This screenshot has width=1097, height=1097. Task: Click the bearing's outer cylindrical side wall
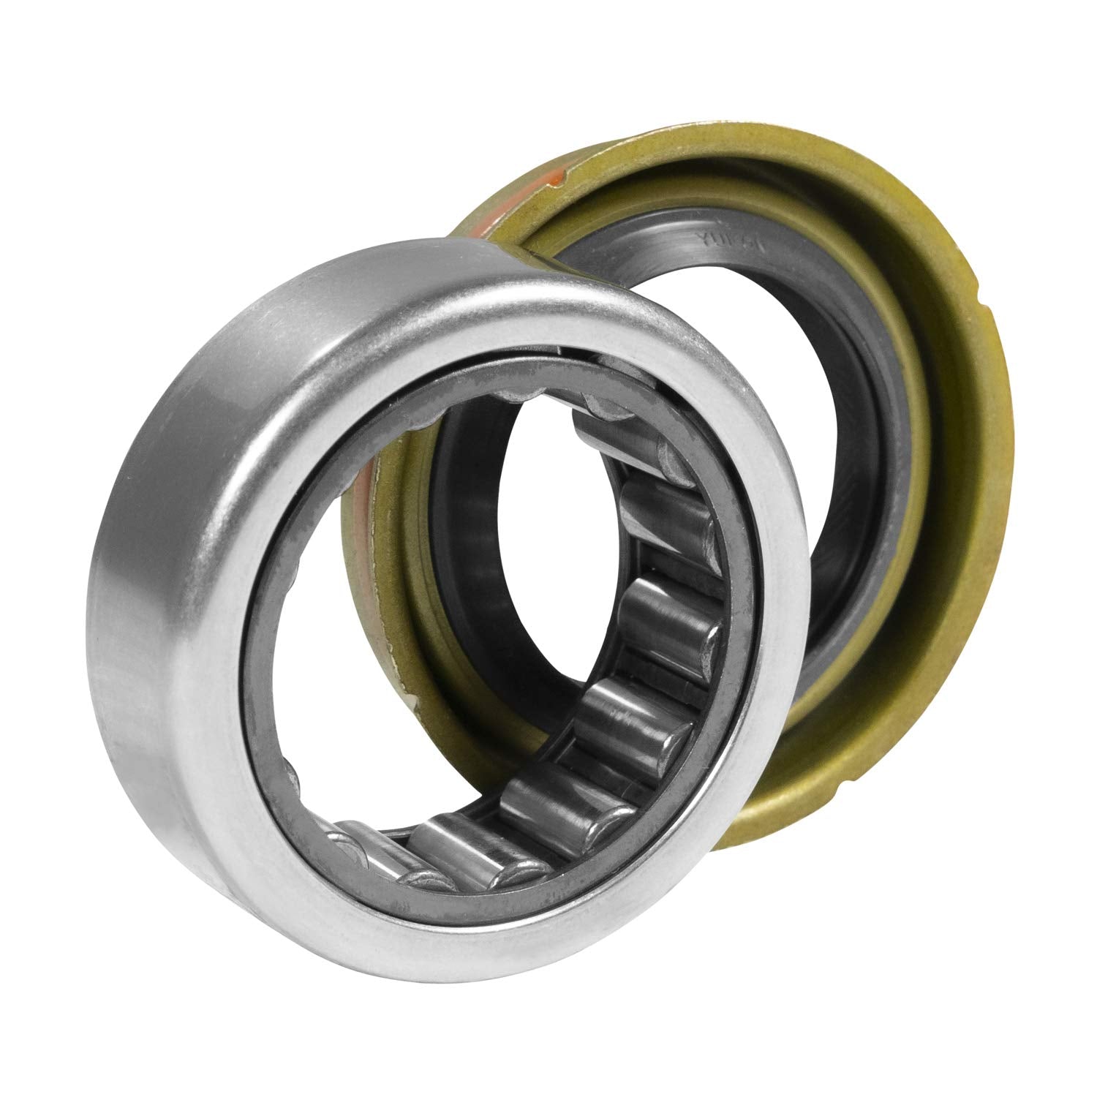click(161, 585)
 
